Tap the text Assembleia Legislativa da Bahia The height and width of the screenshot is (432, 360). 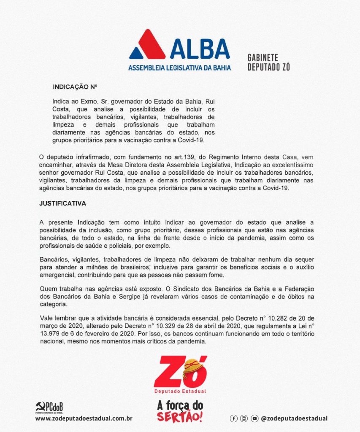(180, 67)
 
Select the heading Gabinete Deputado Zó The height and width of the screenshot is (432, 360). (268, 62)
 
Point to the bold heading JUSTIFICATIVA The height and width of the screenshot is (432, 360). (62, 203)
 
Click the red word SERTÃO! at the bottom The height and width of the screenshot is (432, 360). (180, 417)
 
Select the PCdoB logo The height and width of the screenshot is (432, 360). (49, 408)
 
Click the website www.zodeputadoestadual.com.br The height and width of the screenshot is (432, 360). (84, 418)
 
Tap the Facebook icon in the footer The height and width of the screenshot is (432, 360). (233, 418)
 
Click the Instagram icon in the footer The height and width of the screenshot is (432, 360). (244, 418)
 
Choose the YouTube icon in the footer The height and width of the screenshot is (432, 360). (254, 418)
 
